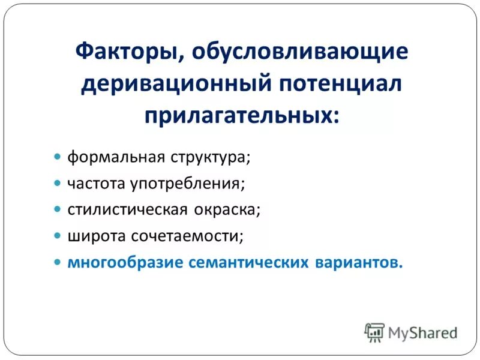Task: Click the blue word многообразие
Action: point(126,263)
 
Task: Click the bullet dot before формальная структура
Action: point(58,157)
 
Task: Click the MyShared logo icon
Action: point(374,332)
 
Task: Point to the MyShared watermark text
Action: point(422,332)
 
